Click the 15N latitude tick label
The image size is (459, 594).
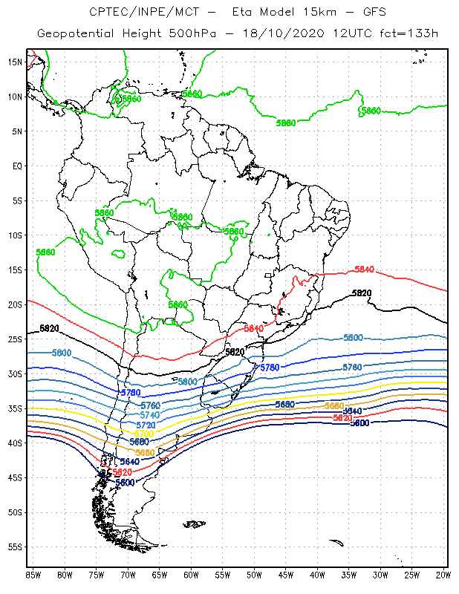point(14,62)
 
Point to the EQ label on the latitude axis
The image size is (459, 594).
point(17,166)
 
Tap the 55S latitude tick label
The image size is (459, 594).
point(14,546)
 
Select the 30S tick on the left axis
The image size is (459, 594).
point(14,373)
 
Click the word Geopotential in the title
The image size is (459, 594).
point(76,34)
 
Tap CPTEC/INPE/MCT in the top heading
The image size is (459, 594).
point(137,13)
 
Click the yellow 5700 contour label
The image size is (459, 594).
point(144,434)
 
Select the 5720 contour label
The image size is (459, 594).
point(146,425)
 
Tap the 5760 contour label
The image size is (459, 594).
point(150,405)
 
